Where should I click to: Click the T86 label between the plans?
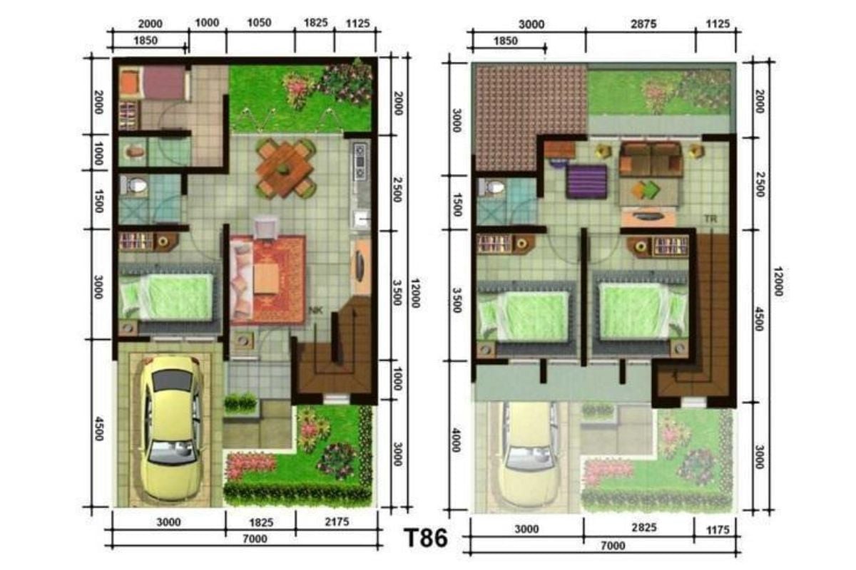click(426, 538)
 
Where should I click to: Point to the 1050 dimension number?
click(259, 23)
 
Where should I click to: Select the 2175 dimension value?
click(337, 522)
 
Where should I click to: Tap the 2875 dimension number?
click(643, 24)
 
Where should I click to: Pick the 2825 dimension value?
click(644, 527)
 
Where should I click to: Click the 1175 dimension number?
click(718, 529)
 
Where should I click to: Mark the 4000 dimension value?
click(456, 440)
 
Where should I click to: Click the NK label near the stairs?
click(315, 310)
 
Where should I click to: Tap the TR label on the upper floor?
click(710, 219)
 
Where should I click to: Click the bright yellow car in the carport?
click(170, 427)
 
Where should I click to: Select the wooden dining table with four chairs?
click(285, 168)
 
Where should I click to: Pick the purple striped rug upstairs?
click(587, 182)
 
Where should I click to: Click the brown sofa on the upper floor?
click(651, 159)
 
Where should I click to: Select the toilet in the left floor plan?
click(134, 185)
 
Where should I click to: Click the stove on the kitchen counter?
click(360, 162)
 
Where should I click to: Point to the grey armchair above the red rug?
click(266, 228)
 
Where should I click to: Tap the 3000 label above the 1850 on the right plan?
click(531, 24)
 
